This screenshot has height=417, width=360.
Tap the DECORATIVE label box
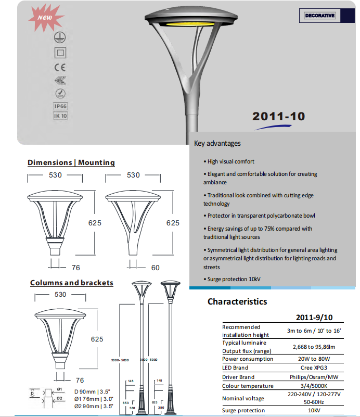(x=320, y=16)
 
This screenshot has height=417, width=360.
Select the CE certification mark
(x=60, y=67)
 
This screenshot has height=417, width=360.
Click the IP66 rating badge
(x=61, y=106)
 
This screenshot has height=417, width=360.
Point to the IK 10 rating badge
(x=61, y=116)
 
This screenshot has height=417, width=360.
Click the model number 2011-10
(x=278, y=117)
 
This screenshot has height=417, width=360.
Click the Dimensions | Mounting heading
(x=71, y=162)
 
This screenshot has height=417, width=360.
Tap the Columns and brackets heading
(x=72, y=283)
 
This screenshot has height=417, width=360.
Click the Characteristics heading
(x=237, y=301)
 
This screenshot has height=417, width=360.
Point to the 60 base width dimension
(x=155, y=268)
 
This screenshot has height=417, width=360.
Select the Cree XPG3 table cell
(x=314, y=368)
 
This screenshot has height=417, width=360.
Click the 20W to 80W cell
(x=314, y=359)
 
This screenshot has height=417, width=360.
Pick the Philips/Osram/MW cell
(x=314, y=376)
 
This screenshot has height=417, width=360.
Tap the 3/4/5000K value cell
(x=314, y=386)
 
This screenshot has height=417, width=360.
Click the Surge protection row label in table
(x=244, y=410)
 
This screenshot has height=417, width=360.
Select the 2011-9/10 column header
(x=314, y=317)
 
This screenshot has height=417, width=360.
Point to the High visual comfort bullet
(x=230, y=161)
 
